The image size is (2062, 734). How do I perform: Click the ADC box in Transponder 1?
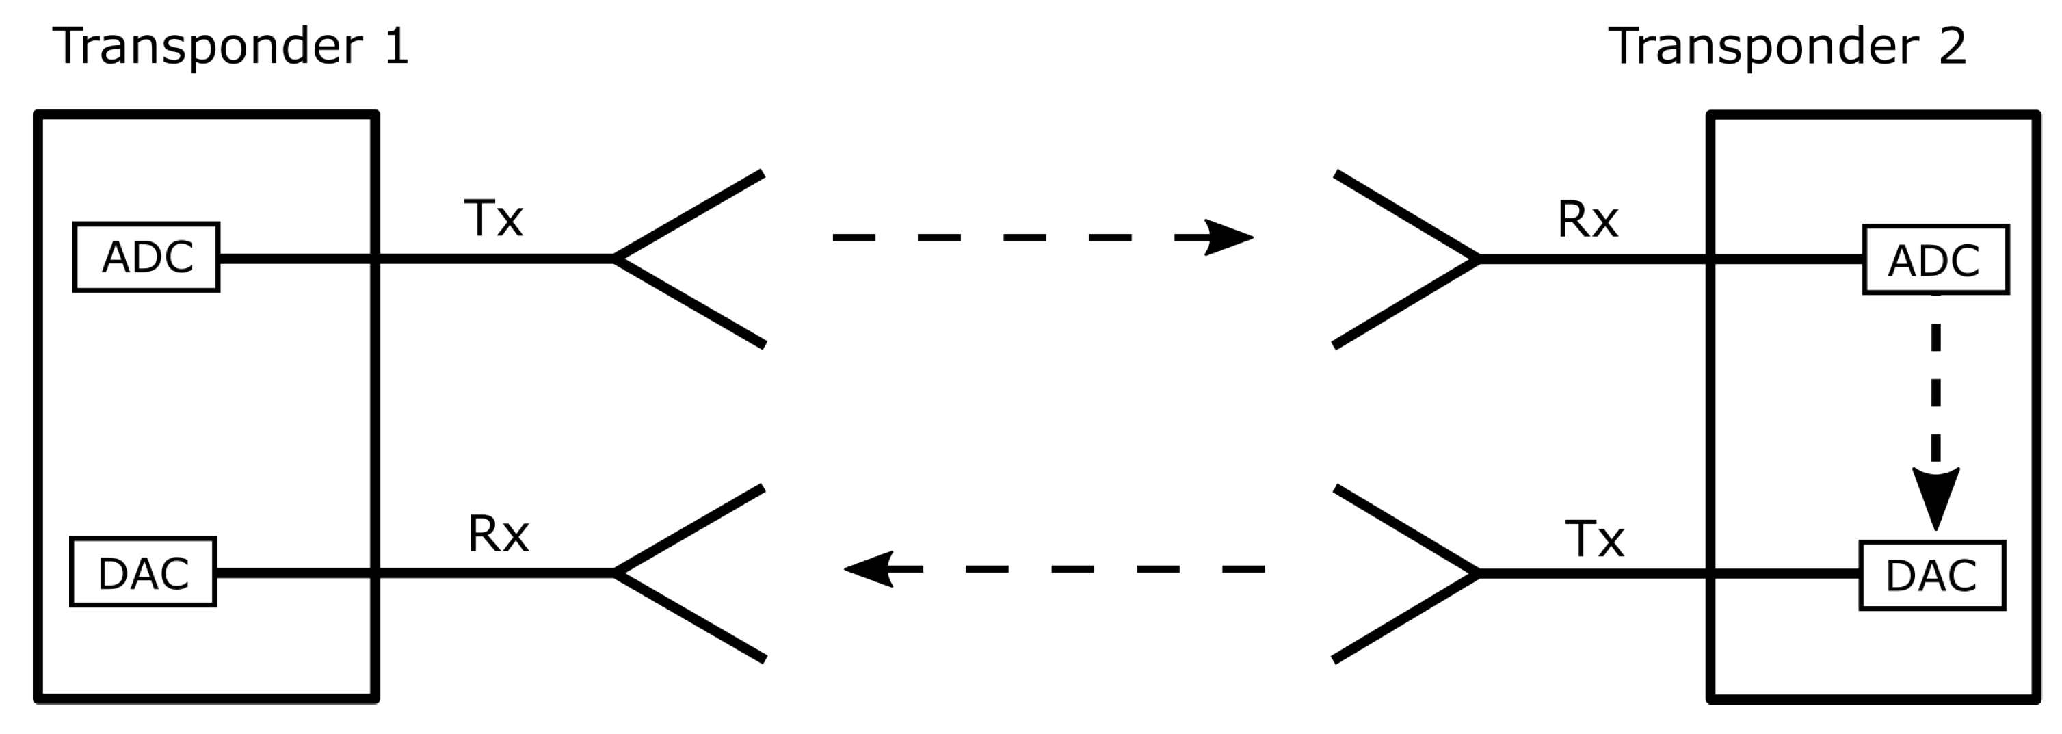[x=146, y=257]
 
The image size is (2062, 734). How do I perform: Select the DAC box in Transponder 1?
[x=144, y=573]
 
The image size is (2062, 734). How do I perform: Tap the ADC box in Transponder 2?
[x=1935, y=260]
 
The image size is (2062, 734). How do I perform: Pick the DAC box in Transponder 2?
[x=1931, y=575]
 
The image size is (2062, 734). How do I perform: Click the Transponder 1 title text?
[x=230, y=47]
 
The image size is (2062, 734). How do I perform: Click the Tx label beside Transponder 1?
[x=493, y=218]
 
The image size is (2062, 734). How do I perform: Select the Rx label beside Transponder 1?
[x=498, y=534]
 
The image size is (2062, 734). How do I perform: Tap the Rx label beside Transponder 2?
[x=1587, y=220]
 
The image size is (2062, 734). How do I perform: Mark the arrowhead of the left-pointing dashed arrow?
[x=869, y=569]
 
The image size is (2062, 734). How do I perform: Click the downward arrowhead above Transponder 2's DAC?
[x=1935, y=496]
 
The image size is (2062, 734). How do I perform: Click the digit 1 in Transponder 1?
[x=397, y=47]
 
